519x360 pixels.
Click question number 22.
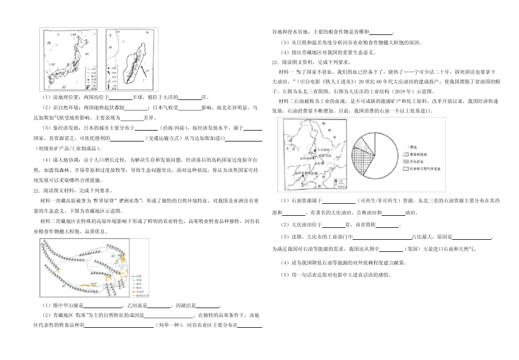[36, 191]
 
